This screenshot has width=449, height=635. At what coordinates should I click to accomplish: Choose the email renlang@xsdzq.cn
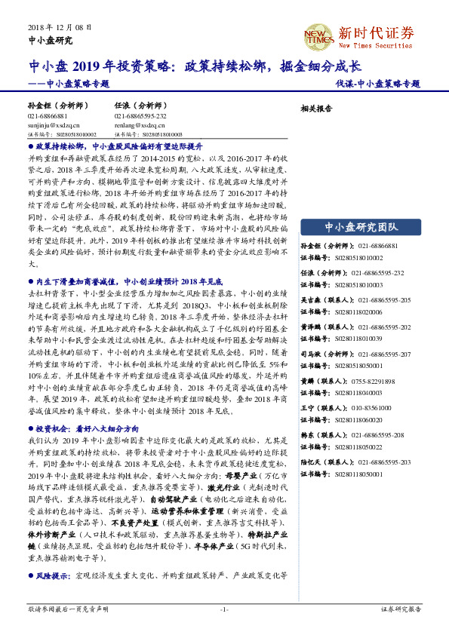[136, 126]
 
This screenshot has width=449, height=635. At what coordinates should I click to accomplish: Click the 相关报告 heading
[316, 109]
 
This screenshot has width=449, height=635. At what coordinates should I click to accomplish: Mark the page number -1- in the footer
[224, 609]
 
